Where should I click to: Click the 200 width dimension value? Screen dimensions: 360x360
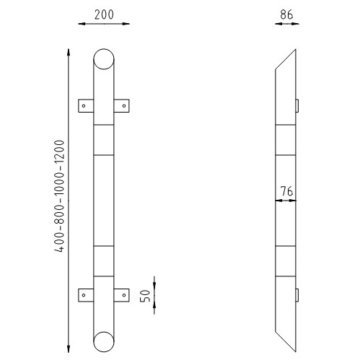(104, 13)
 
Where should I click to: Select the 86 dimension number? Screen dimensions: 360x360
(286, 13)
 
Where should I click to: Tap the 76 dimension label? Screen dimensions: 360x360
(286, 191)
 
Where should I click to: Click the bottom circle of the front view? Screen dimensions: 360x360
(105, 341)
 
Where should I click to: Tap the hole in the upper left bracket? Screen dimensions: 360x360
(84, 105)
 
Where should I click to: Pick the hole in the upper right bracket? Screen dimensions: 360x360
(125, 105)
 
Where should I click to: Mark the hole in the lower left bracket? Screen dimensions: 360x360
(84, 294)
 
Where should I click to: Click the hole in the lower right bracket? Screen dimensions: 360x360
(125, 294)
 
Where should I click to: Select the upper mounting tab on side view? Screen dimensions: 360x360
(297, 105)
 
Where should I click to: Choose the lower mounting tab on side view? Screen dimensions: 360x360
(297, 294)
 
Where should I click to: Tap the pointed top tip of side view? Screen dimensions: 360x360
(295, 51)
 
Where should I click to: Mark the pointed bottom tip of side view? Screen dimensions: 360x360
(295, 350)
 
